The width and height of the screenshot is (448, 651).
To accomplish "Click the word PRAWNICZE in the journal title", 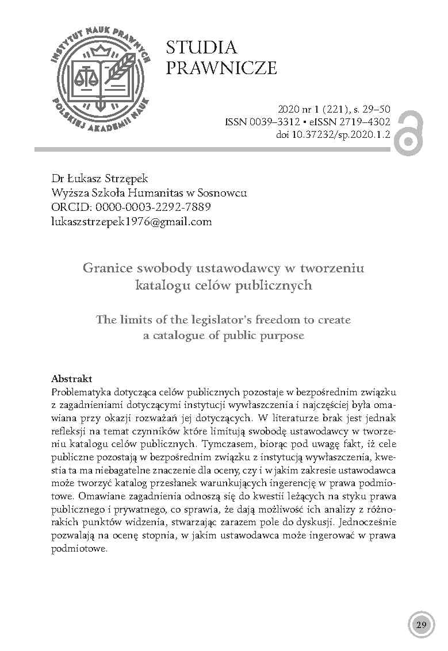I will (x=221, y=68).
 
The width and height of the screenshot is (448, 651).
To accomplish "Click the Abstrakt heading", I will (x=72, y=379).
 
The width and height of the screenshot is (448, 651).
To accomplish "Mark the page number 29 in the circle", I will (x=420, y=625).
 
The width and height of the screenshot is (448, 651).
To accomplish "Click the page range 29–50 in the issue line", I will (x=378, y=109).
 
